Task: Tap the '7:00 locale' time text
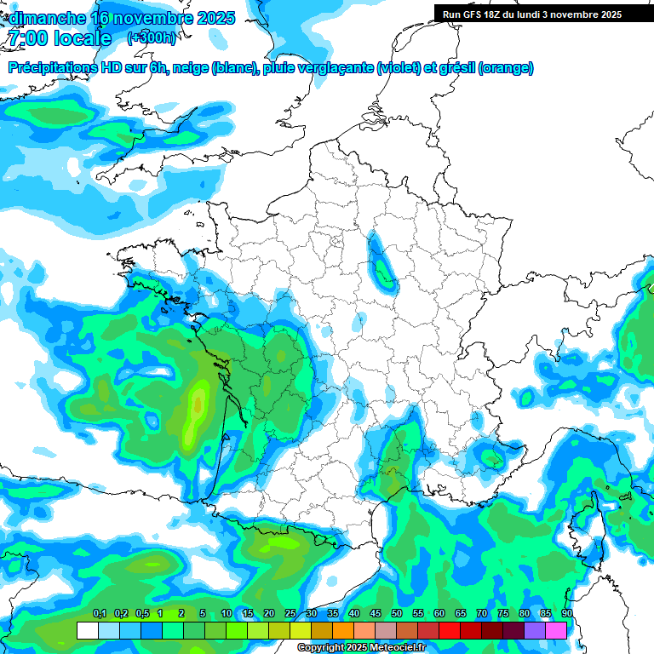(60, 38)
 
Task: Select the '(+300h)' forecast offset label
(153, 38)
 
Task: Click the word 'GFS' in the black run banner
(478, 14)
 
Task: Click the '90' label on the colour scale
(567, 613)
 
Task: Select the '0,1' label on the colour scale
(99, 613)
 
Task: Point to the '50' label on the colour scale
(397, 613)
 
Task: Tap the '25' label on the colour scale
(290, 613)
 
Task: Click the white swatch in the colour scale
(88, 630)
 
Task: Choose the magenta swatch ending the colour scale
(556, 630)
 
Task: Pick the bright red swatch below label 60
(450, 630)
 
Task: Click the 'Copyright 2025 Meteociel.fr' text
(361, 648)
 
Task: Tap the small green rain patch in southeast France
(491, 458)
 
